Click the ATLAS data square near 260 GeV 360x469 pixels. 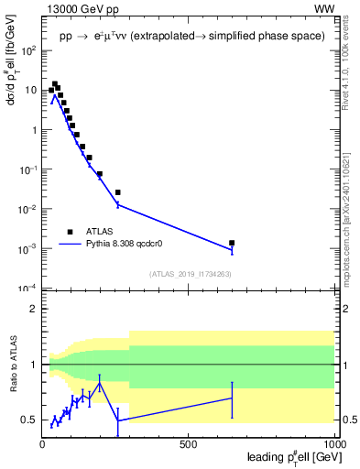(118, 192)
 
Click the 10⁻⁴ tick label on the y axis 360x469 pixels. (28, 289)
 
